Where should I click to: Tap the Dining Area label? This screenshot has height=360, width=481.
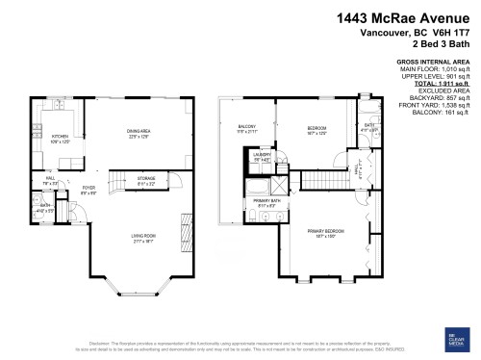[139, 132]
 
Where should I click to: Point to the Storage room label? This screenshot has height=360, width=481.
[145, 179]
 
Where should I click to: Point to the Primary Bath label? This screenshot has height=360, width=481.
[266, 203]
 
